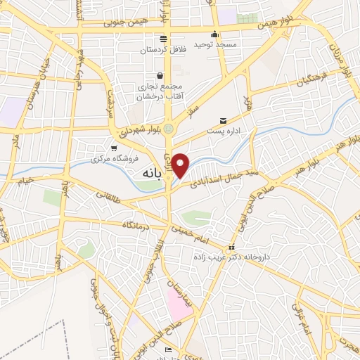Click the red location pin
[x=181, y=165]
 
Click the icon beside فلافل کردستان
[x=163, y=39]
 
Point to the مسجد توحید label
[x=214, y=46]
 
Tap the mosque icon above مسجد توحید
[x=214, y=34]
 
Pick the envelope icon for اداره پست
[x=224, y=120]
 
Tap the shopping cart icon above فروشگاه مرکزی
[x=114, y=147]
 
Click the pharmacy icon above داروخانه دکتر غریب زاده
[x=231, y=248]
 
